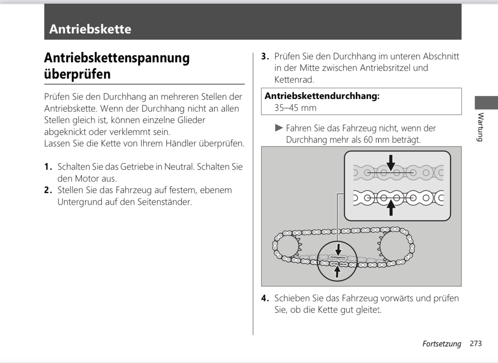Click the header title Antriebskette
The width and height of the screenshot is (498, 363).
pos(90,29)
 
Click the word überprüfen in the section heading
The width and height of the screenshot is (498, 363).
pos(77,74)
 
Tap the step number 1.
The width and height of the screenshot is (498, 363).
pos(48,167)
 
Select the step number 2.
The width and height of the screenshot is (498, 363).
pos(48,190)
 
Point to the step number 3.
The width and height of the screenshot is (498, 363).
pos(265,56)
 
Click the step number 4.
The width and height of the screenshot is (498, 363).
pos(265,298)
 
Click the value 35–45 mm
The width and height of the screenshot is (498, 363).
pos(295,108)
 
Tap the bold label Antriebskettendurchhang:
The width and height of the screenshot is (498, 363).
pos(322,96)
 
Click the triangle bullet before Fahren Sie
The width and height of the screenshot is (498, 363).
pos(279,128)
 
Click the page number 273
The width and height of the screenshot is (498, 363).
pos(475,343)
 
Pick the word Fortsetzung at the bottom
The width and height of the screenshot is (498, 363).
pos(442,344)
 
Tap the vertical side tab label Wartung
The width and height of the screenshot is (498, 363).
pos(481,127)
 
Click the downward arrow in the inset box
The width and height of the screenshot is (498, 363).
pos(390,163)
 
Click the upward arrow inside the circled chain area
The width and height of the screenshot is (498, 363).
pos(337,272)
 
